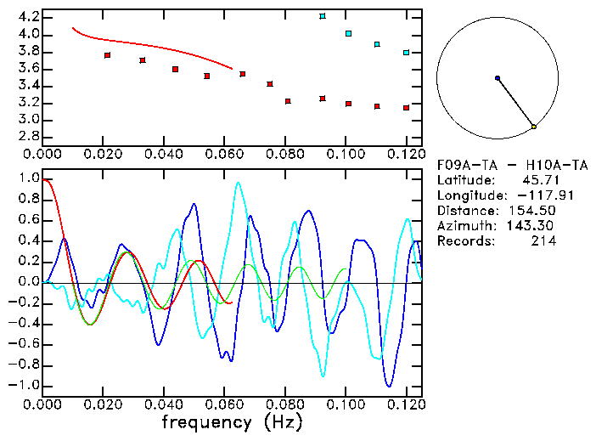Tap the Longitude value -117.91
pos(530,195)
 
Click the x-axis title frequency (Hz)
pos(232,422)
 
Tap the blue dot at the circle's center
pos(498,78)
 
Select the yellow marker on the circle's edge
pos(534,127)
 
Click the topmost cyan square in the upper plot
pos(323,16)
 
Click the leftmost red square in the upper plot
pos(107,55)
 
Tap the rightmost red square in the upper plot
pos(407,108)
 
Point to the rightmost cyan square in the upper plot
pos(407,53)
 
